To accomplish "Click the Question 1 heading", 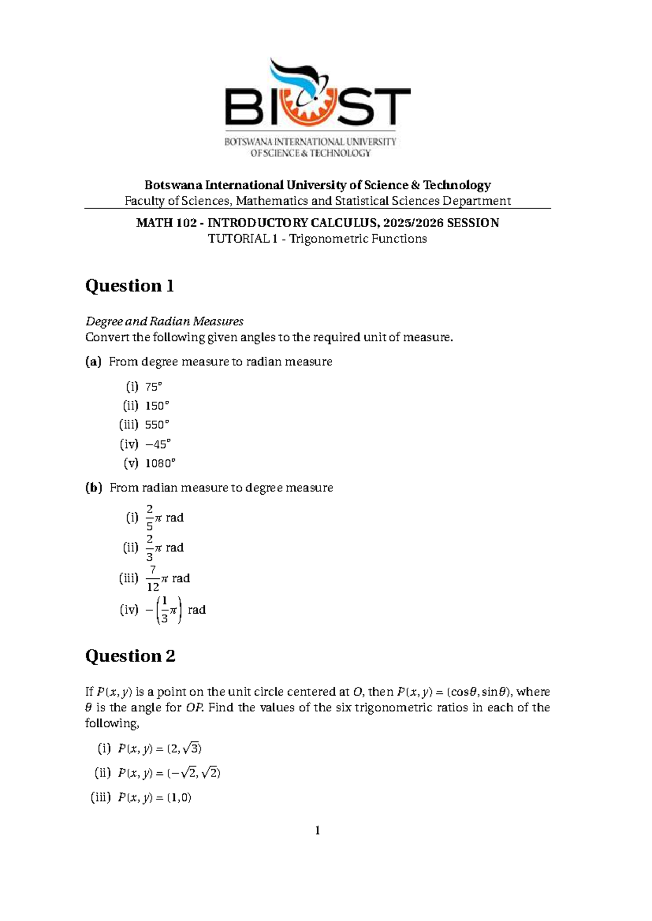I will point(129,286).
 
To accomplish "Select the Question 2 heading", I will point(130,656).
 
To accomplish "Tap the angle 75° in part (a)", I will point(154,387).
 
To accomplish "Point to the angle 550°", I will point(157,425).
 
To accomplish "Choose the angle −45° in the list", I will point(158,444).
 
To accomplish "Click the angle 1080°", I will point(160,463).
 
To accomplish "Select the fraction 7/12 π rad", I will point(168,578).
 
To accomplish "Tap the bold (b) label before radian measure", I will point(93,488).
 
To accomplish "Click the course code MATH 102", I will point(166,223).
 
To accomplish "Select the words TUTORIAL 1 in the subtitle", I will point(239,239).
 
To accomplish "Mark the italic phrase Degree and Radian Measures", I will point(164,321).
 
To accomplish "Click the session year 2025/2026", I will point(412,223).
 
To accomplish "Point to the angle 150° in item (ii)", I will point(157,406).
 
